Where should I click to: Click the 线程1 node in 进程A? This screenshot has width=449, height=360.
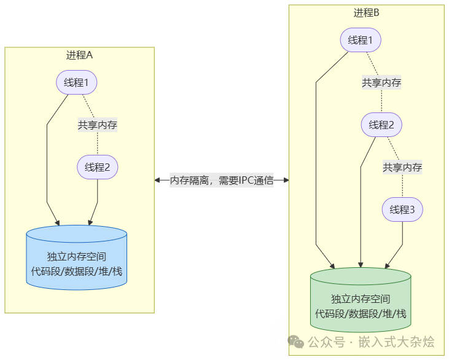[x=77, y=82]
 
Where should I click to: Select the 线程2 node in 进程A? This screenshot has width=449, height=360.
[x=97, y=167]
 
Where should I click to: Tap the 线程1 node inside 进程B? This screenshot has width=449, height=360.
[x=361, y=41]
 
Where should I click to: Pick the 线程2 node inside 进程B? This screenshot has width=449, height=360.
[x=381, y=125]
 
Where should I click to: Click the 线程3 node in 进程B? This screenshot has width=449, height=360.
[x=402, y=210]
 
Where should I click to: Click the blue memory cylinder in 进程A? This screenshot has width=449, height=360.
[x=77, y=258]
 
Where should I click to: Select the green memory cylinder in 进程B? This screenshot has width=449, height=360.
[x=361, y=301]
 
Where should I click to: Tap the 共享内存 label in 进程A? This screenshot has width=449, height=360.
[x=97, y=125]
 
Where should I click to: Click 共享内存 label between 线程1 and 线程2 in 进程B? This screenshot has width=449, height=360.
[x=381, y=83]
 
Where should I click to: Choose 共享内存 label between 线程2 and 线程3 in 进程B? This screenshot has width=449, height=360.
[x=402, y=167]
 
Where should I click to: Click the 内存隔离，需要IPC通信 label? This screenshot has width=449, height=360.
[x=222, y=181]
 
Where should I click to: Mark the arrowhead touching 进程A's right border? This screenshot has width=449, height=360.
[x=158, y=181]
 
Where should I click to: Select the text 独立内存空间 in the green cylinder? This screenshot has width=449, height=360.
[x=361, y=299]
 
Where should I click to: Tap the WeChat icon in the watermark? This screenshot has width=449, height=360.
[x=295, y=341]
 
